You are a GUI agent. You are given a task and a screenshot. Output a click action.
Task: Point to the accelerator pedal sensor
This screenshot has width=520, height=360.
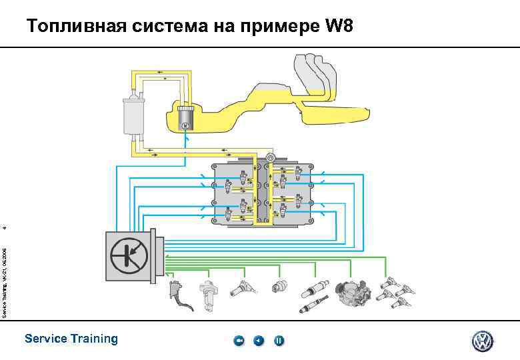point(177,294)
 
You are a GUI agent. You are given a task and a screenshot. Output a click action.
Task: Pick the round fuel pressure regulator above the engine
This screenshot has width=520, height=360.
point(271,157)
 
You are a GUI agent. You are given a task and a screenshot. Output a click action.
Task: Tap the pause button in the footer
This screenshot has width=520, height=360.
point(279,341)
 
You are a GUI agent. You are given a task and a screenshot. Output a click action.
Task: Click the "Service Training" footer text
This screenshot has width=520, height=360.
point(71,339)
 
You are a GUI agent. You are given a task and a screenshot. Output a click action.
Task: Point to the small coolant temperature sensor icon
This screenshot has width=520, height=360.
point(277,285)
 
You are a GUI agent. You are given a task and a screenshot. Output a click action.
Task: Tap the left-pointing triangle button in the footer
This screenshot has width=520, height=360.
point(259,341)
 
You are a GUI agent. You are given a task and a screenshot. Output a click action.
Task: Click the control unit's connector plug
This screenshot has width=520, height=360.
point(159,256)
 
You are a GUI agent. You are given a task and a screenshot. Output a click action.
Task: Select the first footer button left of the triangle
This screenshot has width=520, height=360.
point(239,341)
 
